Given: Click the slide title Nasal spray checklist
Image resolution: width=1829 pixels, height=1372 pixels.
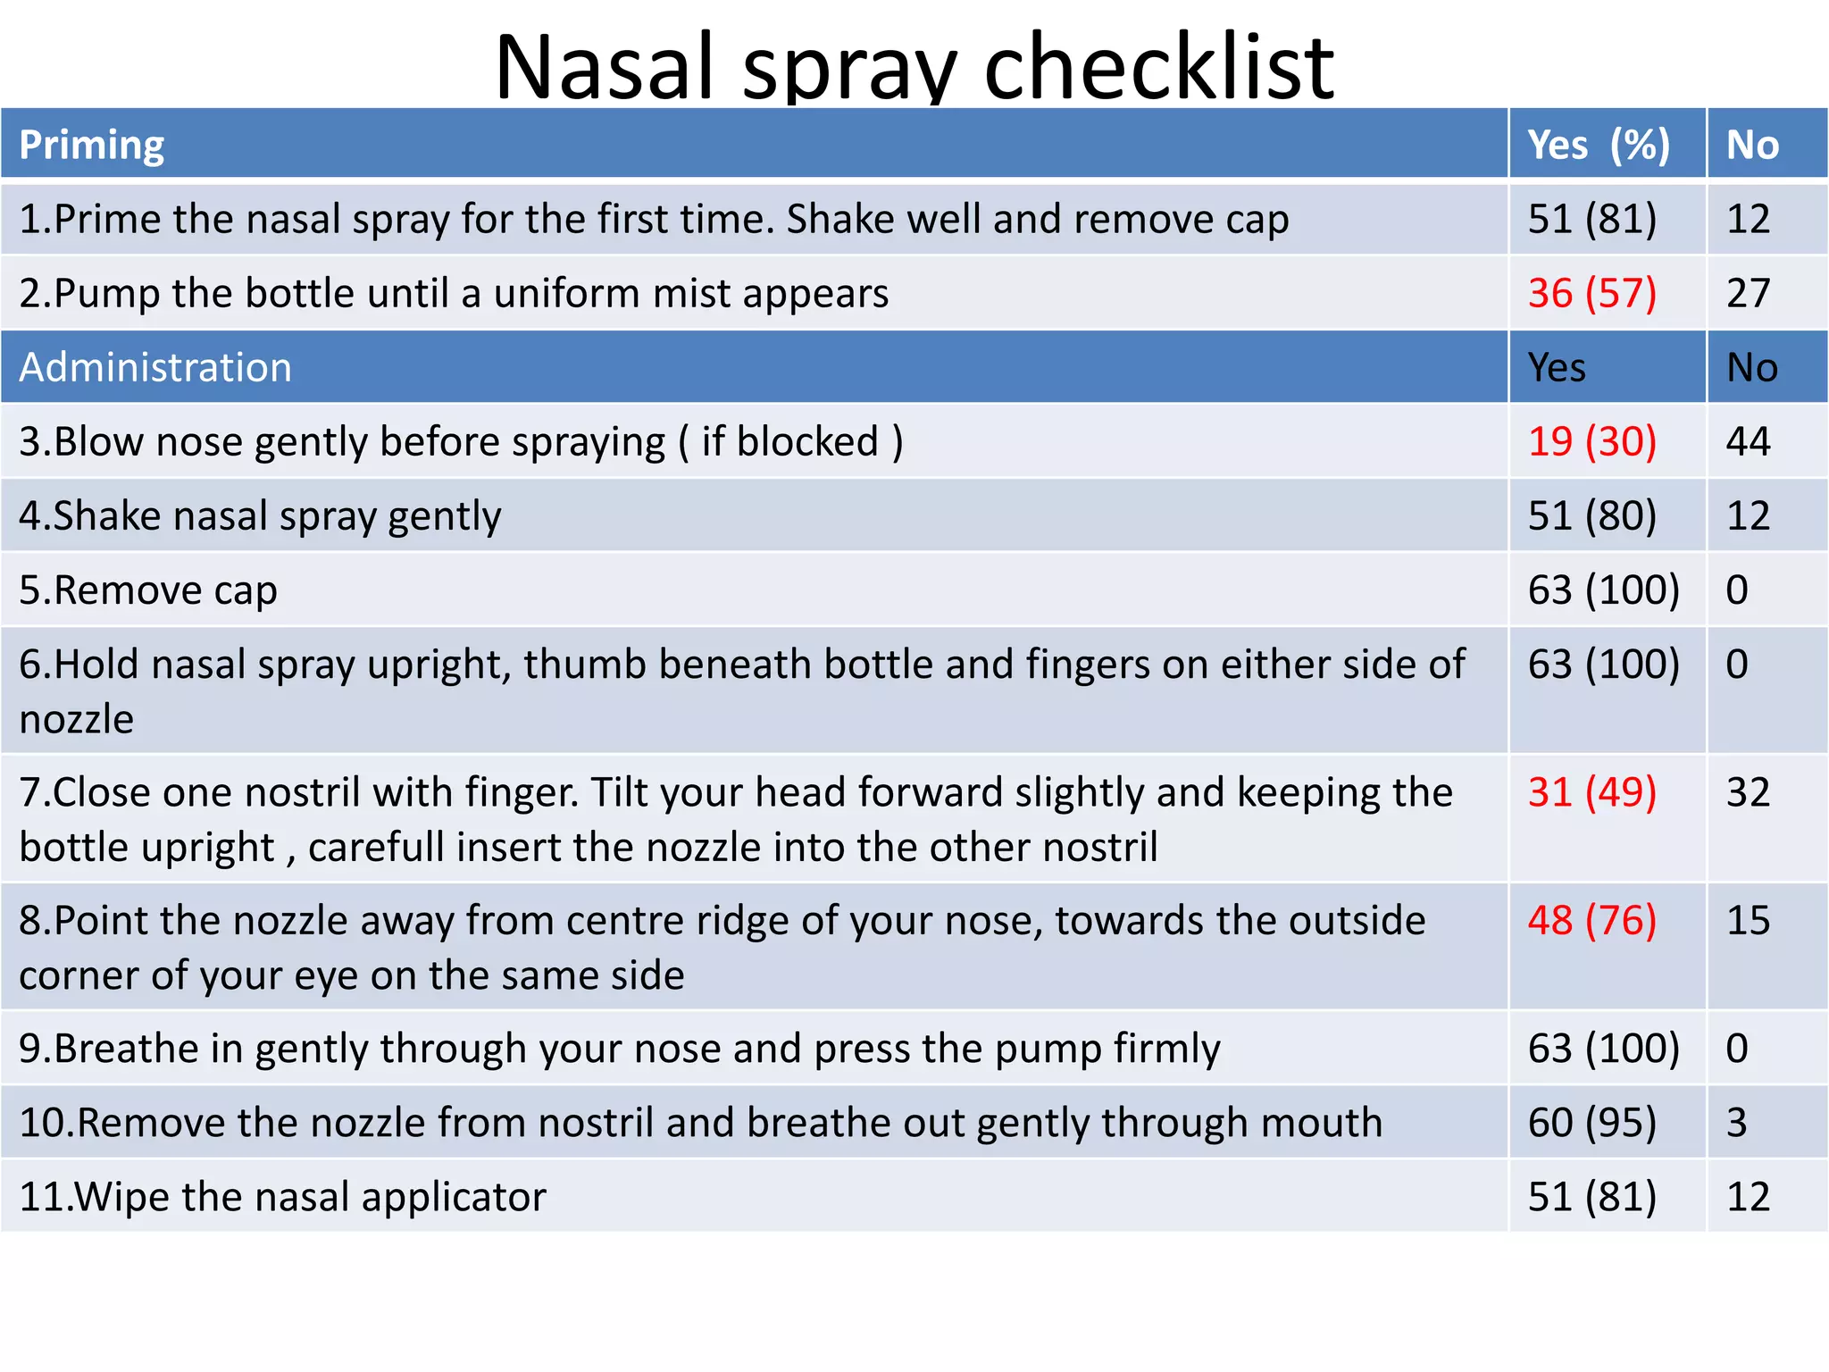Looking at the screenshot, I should coord(914,66).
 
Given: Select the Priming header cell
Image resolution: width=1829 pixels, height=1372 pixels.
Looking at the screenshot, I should coord(92,145).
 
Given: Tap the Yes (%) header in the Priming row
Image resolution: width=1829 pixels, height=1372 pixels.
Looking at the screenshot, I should coord(1598,145).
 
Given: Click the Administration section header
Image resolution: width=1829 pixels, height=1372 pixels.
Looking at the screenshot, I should coord(155,367).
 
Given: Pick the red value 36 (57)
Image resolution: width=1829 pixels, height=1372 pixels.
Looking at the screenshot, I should coord(1591,293).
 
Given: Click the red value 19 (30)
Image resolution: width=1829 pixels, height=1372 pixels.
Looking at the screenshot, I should coord(1591,441).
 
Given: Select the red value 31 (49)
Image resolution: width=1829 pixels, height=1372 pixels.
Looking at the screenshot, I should coord(1591,792).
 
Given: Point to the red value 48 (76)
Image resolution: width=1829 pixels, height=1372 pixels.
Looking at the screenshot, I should coord(1591,920).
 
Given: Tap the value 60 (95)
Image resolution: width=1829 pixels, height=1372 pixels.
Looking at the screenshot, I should coord(1591,1122).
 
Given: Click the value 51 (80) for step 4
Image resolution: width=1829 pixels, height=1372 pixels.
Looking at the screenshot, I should coord(1591,515).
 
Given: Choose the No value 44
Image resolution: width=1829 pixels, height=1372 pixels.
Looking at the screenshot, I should coord(1748,441).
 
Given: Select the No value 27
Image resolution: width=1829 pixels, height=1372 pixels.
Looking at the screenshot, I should coord(1748,293).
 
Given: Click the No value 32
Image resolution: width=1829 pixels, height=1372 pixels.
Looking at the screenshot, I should coord(1748,792).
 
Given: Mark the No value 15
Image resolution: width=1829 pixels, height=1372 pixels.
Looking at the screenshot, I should coord(1748,920).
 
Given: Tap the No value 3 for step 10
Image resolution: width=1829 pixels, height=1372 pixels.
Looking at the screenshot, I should coord(1736,1122).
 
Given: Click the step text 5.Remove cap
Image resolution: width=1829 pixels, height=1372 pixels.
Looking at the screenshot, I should coord(148,590).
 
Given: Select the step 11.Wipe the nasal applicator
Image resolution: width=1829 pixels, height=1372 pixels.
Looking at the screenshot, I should coord(282,1197).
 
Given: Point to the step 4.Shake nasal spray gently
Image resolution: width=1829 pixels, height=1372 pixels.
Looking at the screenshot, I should coord(260,516).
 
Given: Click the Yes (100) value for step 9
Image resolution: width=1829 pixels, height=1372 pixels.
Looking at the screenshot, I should coord(1603,1048).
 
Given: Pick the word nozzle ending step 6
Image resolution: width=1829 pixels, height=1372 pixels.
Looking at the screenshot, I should coord(77,719).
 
